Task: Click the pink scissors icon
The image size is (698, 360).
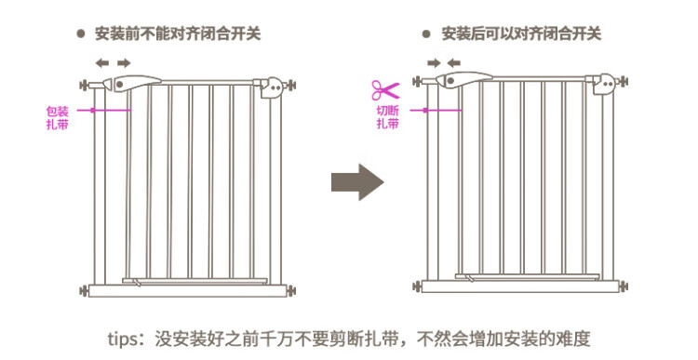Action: [x=385, y=90]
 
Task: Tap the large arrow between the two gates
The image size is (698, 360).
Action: [x=357, y=182]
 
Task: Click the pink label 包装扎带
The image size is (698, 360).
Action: [x=58, y=117]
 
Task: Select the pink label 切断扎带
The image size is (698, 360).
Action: [x=388, y=117]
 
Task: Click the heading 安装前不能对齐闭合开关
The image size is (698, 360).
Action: [x=178, y=33]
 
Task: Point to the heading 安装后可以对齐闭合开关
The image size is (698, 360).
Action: [x=521, y=33]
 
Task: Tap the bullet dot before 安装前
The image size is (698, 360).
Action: [x=81, y=33]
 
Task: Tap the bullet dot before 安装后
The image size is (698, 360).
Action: [x=426, y=33]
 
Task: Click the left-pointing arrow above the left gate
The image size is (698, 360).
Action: [x=102, y=62]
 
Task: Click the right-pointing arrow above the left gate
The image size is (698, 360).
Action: [x=124, y=62]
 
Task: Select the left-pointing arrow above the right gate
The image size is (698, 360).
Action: [x=453, y=62]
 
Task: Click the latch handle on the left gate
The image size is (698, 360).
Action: [x=137, y=83]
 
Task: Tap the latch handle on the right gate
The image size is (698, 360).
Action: [x=463, y=80]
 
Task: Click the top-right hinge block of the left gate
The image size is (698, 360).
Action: [x=273, y=87]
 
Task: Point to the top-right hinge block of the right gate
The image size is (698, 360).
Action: [x=605, y=84]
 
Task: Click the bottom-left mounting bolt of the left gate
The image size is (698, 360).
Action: [x=84, y=291]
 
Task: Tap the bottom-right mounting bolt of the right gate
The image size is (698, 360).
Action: [x=624, y=287]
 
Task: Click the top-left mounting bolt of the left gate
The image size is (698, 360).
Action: [x=84, y=85]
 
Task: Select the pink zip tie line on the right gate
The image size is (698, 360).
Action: [x=436, y=110]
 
